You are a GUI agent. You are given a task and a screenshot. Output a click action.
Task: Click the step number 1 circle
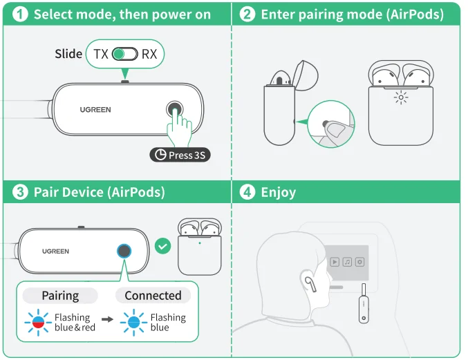(21, 15)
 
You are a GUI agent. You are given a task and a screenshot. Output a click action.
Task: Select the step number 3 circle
(21, 192)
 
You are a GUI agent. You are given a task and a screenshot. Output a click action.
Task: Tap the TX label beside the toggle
(101, 54)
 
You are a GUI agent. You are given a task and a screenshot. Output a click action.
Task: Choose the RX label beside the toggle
(149, 54)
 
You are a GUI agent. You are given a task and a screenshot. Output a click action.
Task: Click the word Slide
(68, 54)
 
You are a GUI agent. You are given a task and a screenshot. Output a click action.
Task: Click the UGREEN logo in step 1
(95, 110)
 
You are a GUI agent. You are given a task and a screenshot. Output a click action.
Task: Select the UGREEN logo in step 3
(55, 251)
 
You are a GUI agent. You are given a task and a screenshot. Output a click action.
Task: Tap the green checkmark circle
(162, 246)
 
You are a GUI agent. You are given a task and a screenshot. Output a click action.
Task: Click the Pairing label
(60, 296)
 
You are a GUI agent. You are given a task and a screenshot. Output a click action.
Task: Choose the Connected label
(153, 296)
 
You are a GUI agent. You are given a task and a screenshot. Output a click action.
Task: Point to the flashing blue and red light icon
(38, 322)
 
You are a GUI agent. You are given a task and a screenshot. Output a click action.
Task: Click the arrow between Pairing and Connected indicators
(106, 321)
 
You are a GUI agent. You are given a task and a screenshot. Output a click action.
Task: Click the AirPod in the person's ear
(309, 281)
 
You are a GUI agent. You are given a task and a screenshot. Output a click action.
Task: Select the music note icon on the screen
(348, 262)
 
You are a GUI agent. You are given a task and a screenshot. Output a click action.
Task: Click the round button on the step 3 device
(124, 251)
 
